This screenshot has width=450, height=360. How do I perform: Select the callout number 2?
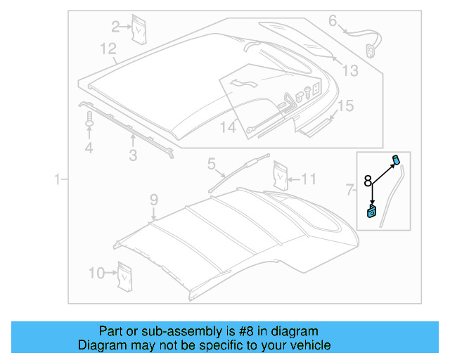[x=116, y=27]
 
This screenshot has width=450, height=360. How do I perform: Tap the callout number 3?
[x=132, y=156]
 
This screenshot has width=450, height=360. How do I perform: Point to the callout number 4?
[x=89, y=148]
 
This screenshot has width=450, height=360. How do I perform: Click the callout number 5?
[x=211, y=165]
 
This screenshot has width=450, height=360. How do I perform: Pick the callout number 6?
[x=333, y=21]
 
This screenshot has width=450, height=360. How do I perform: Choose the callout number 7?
[x=350, y=188]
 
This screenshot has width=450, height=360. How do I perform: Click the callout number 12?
[x=107, y=49]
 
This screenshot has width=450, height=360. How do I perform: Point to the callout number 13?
[x=349, y=70]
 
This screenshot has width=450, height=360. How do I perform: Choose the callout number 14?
[x=229, y=127]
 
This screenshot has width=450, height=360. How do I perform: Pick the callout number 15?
[x=345, y=106]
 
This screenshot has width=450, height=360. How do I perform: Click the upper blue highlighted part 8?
[x=396, y=159]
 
